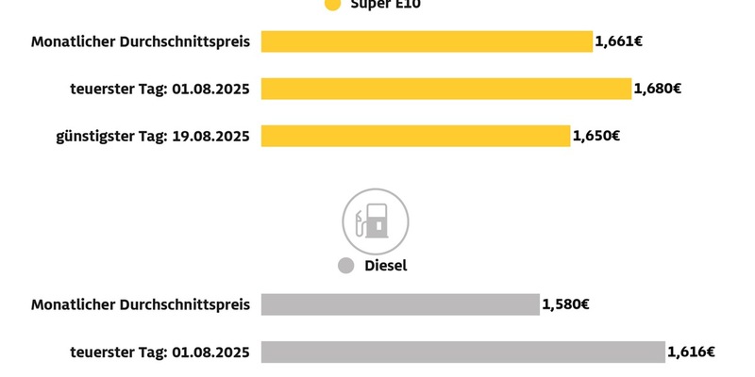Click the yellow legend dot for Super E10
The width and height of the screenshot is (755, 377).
331,4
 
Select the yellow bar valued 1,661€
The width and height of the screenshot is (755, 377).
427,41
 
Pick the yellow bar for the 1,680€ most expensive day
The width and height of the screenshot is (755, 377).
445,89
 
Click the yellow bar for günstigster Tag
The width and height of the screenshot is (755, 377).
415,136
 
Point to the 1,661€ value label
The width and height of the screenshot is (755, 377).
619,41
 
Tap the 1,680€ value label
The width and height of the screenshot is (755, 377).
658,89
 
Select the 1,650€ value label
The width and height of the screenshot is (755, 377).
596,136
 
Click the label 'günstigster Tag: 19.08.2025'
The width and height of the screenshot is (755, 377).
152,136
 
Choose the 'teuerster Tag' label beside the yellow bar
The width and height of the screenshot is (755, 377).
159,89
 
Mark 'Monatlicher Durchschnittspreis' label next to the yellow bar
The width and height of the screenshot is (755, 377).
140,41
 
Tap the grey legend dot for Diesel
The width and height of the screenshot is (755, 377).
345,266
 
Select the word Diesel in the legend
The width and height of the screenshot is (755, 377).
386,266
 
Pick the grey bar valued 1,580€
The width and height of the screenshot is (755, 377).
400,304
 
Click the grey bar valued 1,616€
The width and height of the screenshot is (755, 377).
462,352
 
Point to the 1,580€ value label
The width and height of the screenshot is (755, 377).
566,304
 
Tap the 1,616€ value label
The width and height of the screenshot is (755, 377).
692,352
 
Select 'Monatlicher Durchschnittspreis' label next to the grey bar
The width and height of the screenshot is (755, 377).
140,304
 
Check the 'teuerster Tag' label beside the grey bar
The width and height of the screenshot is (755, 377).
159,352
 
